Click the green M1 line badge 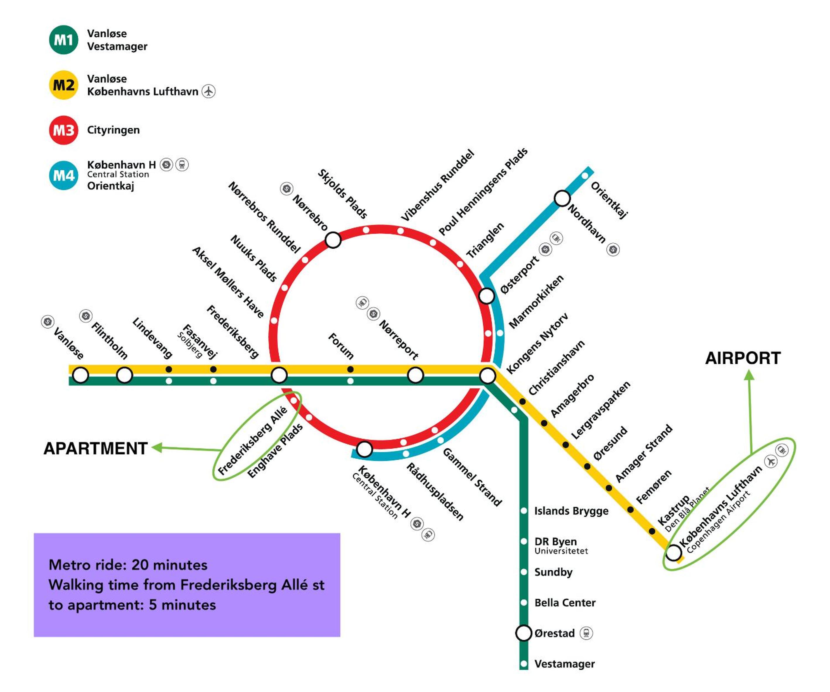[63, 40]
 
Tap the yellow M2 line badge [63, 85]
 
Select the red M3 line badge [63, 130]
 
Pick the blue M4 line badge [63, 175]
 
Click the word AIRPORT [743, 358]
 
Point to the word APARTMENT [96, 448]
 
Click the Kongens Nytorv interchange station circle [487, 375]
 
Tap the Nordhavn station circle [562, 198]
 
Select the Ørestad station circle [524, 633]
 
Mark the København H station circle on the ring [364, 449]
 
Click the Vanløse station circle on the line [81, 375]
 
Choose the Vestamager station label [564, 664]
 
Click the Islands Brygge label [571, 511]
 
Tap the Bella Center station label [565, 603]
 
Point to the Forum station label [341, 346]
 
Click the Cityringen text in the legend [113, 130]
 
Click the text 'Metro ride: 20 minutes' [128, 565]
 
